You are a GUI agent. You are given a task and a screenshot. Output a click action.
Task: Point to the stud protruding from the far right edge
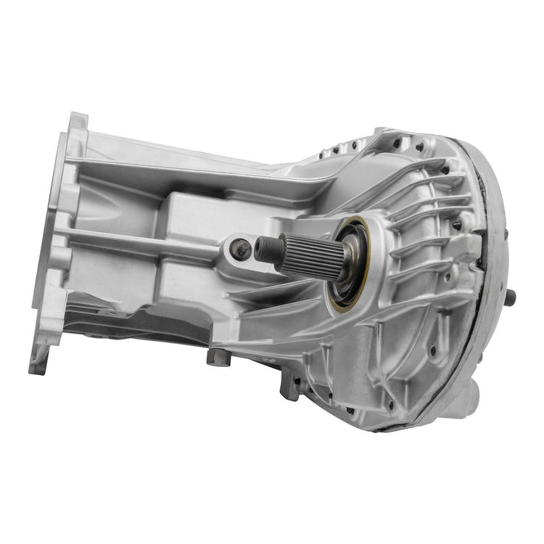(512, 296)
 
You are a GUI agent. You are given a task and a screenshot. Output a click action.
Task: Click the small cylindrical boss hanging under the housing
(214, 356)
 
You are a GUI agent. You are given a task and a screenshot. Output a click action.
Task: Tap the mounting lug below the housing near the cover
(290, 385)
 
